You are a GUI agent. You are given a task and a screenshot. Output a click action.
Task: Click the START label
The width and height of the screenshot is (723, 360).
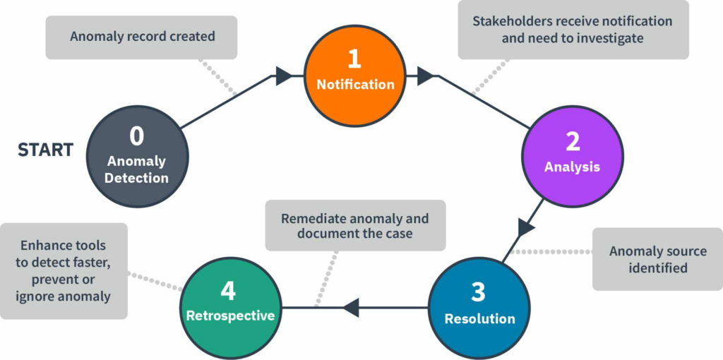coord(45,150)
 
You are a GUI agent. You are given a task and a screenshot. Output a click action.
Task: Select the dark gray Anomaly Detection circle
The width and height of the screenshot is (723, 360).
coord(137,157)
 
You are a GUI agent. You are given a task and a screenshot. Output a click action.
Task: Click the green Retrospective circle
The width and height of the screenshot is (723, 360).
coord(230,307)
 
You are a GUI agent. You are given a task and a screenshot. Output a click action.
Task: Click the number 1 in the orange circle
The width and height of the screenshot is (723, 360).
coord(355,58)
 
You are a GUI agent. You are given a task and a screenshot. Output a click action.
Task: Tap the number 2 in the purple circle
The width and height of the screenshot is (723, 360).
coord(573,141)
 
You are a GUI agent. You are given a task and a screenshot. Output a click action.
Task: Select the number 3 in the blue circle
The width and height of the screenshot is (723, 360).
coord(479,292)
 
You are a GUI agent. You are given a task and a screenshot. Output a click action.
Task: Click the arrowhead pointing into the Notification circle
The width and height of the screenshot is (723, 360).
coord(284,76)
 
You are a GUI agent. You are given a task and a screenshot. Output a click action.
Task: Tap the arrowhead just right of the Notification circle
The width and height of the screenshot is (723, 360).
coord(425,76)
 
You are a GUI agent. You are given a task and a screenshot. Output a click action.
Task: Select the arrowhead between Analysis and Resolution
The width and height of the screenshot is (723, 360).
coord(527,227)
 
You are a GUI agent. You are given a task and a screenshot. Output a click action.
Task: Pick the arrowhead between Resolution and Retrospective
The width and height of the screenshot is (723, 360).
coord(351,307)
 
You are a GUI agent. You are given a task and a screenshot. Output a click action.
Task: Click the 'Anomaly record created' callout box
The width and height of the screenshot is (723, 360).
coord(141,36)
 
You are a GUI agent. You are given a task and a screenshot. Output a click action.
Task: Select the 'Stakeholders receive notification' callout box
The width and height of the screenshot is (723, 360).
coord(573,30)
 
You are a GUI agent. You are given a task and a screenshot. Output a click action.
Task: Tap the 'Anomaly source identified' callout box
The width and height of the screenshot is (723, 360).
coord(657,259)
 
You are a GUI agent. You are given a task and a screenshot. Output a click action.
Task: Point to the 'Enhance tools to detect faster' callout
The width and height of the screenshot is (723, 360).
coord(64,270)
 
